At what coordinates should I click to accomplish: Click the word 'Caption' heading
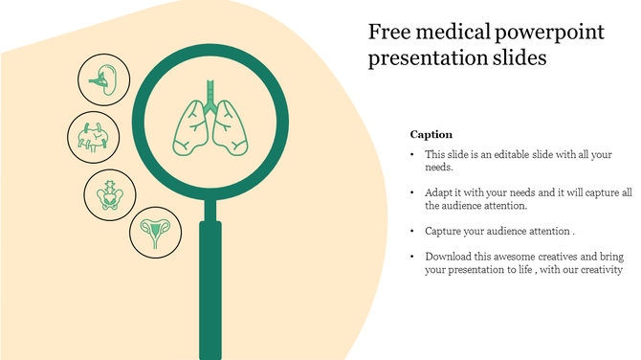431,135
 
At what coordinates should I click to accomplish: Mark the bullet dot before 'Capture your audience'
412,231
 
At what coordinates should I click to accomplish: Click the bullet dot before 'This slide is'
412,154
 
